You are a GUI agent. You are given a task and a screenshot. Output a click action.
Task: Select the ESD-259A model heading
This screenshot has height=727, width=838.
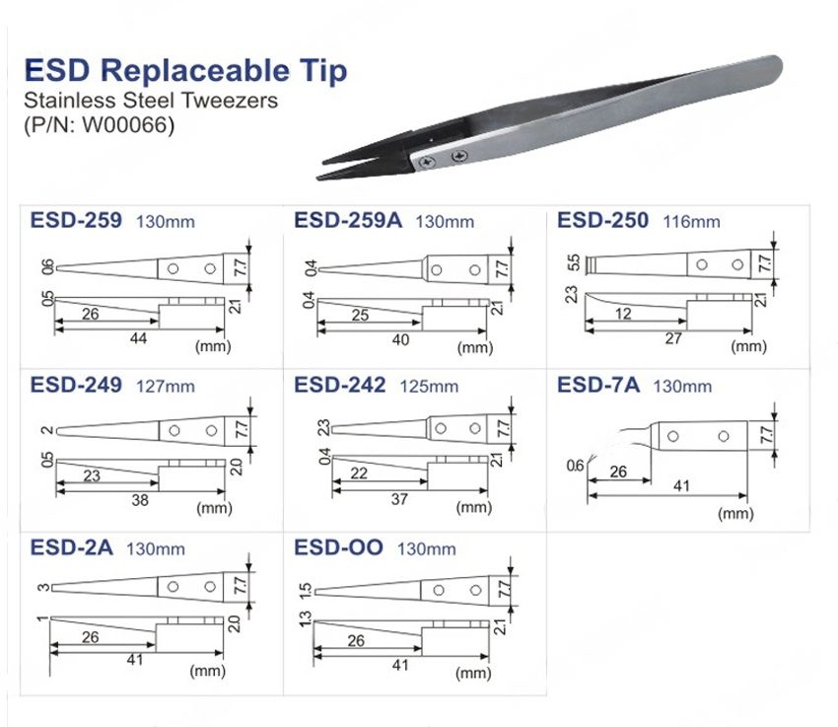(348, 220)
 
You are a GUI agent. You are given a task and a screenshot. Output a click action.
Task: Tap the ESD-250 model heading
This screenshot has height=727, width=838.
(603, 220)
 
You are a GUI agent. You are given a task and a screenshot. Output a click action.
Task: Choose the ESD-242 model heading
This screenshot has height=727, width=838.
(339, 385)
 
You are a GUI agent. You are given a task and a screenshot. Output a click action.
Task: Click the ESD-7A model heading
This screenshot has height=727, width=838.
(598, 385)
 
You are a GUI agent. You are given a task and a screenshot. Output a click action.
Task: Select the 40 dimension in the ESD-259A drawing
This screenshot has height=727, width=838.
(401, 338)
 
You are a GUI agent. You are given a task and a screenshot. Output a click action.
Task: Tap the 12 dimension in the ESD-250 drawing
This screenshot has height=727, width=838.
(622, 315)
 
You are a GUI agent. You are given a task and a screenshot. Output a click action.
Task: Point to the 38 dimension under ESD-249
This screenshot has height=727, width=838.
(140, 500)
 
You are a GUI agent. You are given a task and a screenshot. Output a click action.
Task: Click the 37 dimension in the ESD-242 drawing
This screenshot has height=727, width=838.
(400, 499)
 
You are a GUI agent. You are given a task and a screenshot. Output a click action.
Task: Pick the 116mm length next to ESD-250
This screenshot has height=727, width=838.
(692, 222)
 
